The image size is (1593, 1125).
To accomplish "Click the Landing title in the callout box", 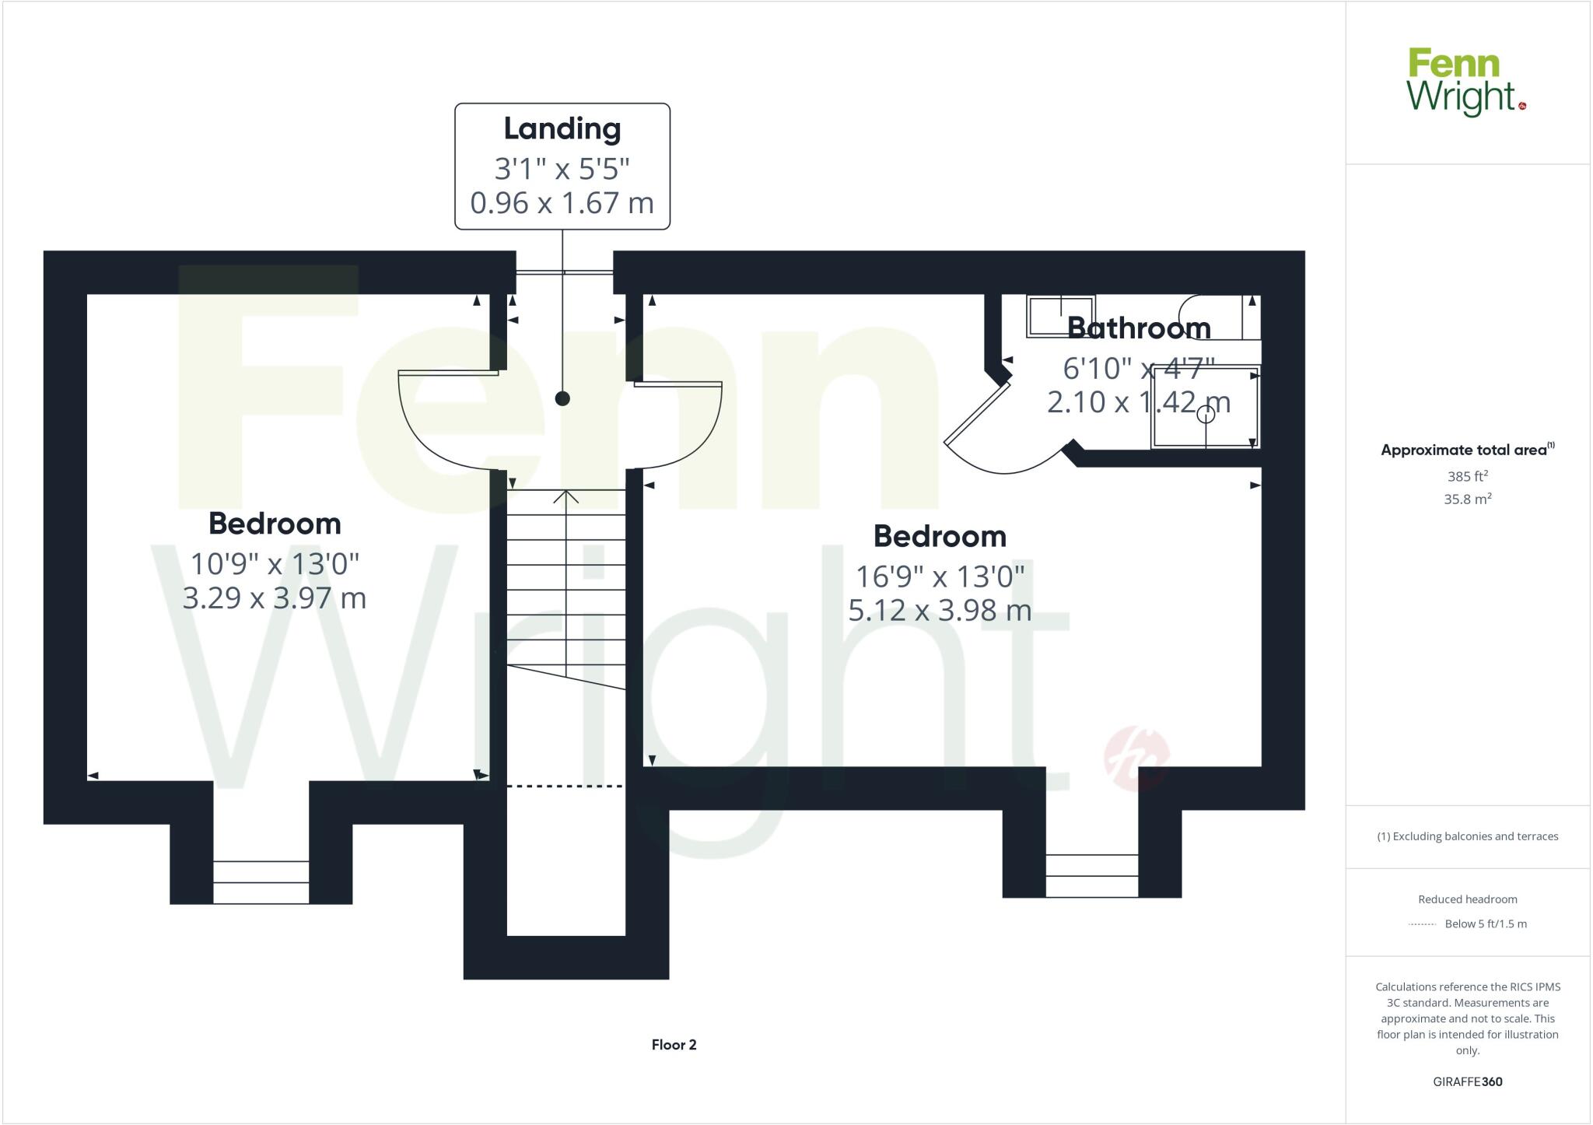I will (x=562, y=129).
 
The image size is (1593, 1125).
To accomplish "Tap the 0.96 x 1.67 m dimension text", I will (x=562, y=203).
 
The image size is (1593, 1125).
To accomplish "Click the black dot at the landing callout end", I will (x=562, y=398).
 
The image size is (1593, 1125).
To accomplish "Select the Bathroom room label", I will (x=1139, y=328).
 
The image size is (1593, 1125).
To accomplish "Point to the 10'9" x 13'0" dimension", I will (x=275, y=563).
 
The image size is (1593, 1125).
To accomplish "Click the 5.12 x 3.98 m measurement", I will (x=940, y=610).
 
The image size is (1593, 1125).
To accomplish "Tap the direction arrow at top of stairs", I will (x=566, y=496).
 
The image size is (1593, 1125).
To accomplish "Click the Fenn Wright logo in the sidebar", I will (x=1465, y=82).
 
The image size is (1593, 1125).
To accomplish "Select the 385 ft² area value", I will (x=1466, y=476).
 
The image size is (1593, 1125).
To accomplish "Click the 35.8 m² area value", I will (x=1467, y=499).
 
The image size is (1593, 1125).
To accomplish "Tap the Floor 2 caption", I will (x=674, y=1045).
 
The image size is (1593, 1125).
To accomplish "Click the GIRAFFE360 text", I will (x=1467, y=1081).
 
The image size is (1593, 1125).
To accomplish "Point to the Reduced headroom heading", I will (x=1467, y=899).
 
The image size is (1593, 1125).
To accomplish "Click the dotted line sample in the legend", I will (x=1422, y=924).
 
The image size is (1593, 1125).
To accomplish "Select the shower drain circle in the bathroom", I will (x=1206, y=415).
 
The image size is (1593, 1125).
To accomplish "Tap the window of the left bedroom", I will (x=261, y=882).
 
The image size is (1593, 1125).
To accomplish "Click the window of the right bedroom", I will (x=1091, y=875).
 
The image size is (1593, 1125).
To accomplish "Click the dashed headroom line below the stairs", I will (x=565, y=787).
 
